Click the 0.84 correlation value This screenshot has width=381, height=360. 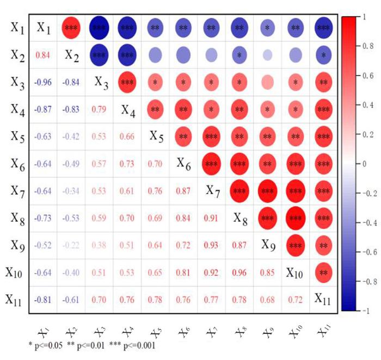[43, 54]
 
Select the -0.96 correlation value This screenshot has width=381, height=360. [43, 83]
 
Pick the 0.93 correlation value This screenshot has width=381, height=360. [210, 246]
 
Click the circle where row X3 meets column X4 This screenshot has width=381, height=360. [126, 82]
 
